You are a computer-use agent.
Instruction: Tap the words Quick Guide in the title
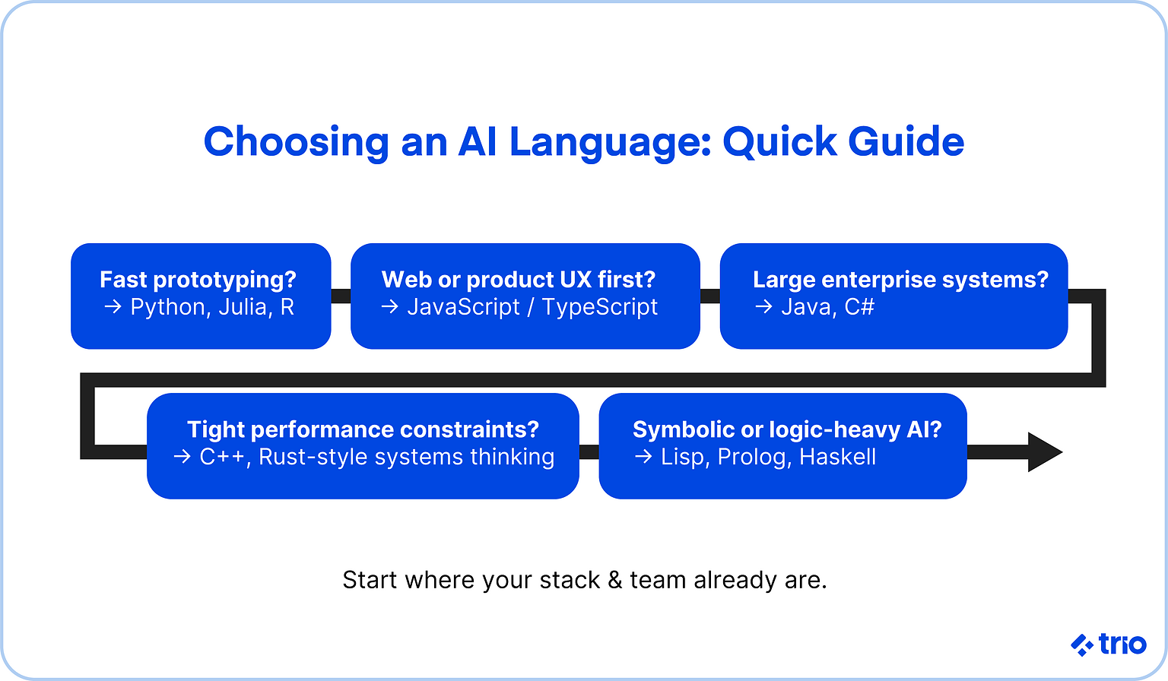(x=843, y=142)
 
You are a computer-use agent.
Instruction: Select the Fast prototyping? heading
(x=198, y=280)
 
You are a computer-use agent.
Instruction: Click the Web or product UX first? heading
(x=518, y=280)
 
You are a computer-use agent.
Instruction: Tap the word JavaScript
(x=463, y=307)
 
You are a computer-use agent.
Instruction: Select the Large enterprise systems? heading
(x=900, y=280)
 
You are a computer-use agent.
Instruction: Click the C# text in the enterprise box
(x=859, y=307)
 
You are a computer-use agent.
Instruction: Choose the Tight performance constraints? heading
(x=363, y=429)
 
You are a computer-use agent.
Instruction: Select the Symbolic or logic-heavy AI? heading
(x=787, y=429)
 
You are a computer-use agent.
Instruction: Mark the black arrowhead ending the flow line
(x=1043, y=452)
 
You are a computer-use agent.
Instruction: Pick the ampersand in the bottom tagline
(x=614, y=580)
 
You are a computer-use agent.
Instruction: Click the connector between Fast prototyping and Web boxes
(x=341, y=296)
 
